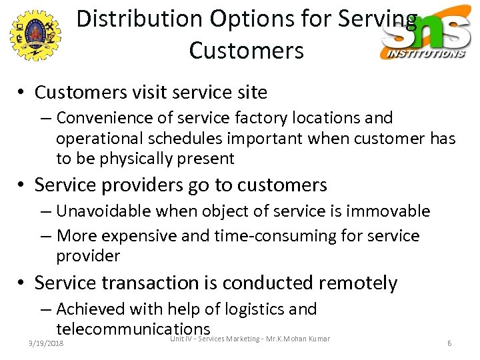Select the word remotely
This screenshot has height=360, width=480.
click(x=358, y=283)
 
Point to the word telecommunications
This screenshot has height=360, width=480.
click(x=133, y=329)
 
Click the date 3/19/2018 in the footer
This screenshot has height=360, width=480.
click(x=46, y=343)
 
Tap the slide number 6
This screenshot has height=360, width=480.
click(x=449, y=343)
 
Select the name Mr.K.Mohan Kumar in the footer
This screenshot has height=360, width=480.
click(x=299, y=339)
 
